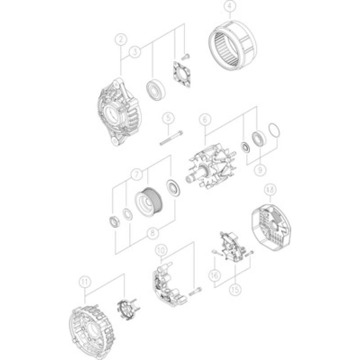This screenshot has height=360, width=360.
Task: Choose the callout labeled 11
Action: (84, 282)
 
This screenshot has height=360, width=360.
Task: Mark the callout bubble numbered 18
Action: (270, 190)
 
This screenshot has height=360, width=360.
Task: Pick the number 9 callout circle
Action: (259, 170)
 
